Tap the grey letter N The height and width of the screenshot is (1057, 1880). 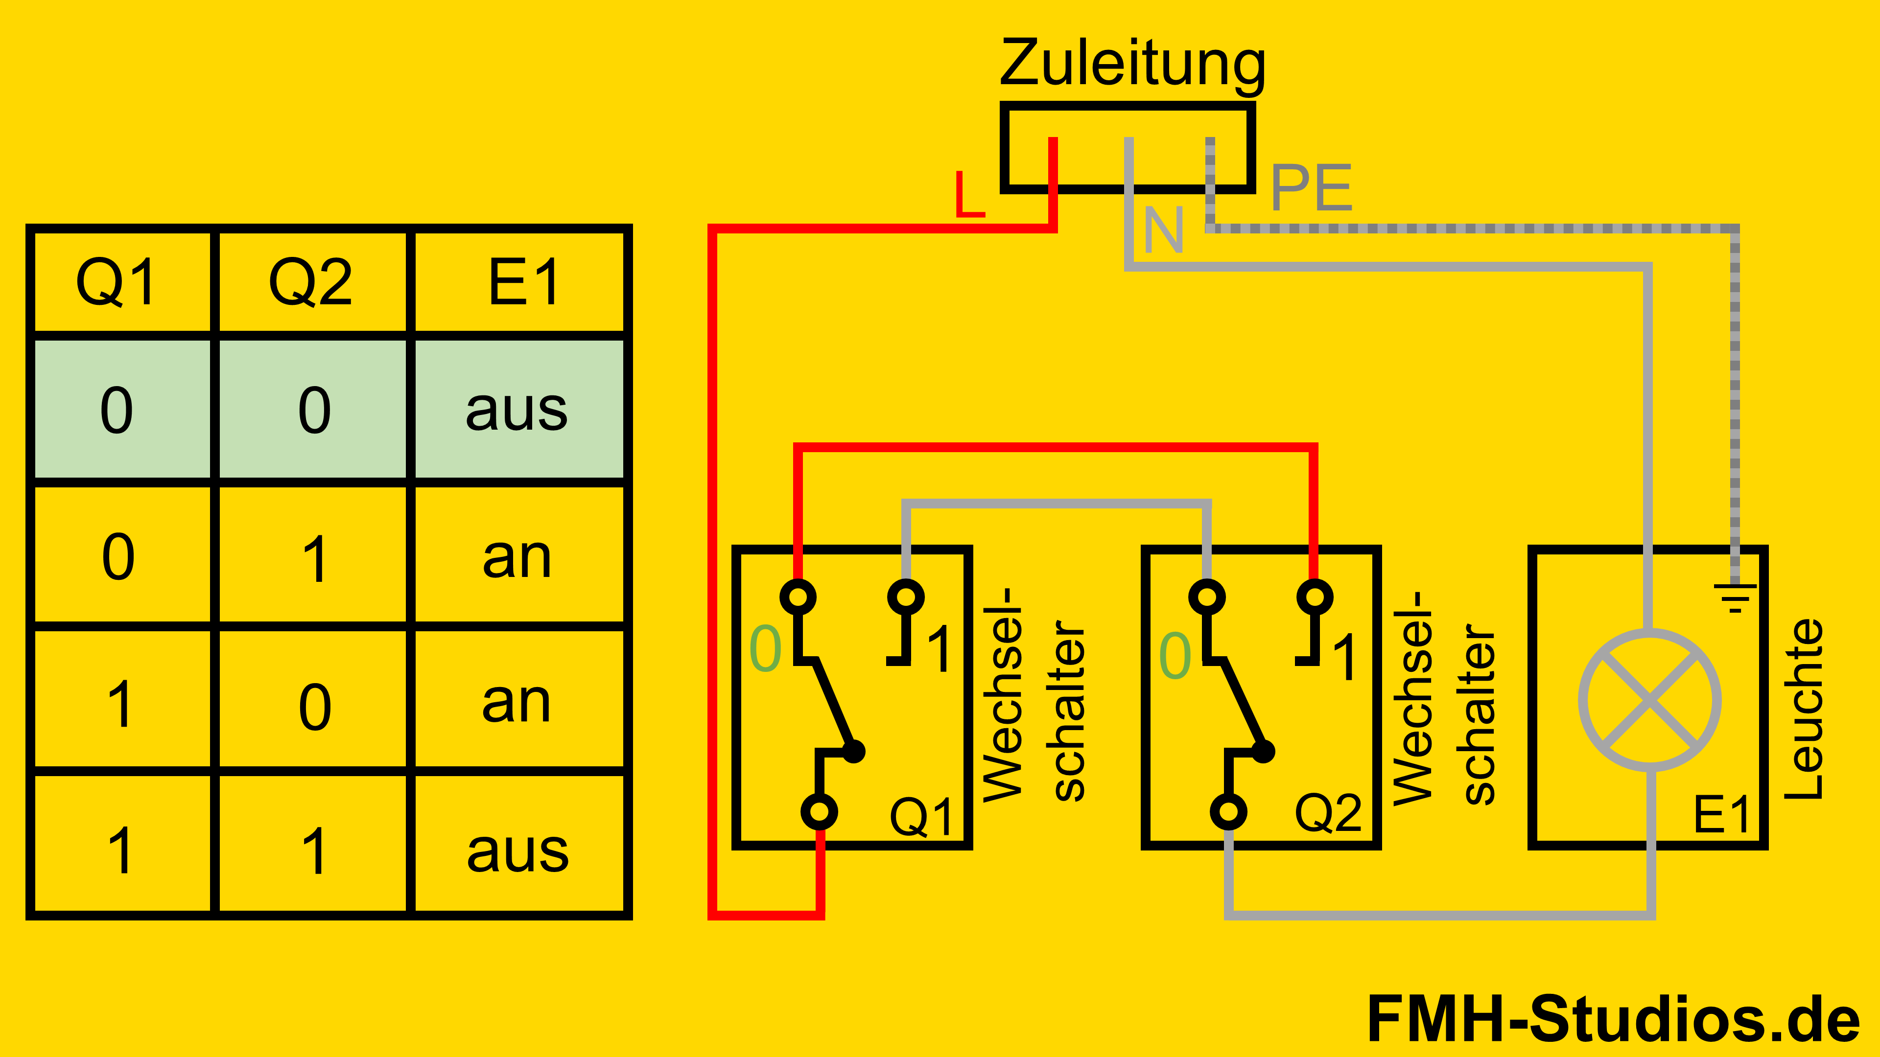[x=1163, y=230]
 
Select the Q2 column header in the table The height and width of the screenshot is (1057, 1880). [x=311, y=283]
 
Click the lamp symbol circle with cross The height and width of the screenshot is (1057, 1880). [x=1649, y=700]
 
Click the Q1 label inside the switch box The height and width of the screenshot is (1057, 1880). [x=921, y=817]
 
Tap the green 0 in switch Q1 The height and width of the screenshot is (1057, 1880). [x=766, y=649]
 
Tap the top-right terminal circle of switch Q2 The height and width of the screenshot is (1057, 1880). [x=1315, y=597]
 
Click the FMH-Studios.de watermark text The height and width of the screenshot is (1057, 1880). [x=1613, y=1019]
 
